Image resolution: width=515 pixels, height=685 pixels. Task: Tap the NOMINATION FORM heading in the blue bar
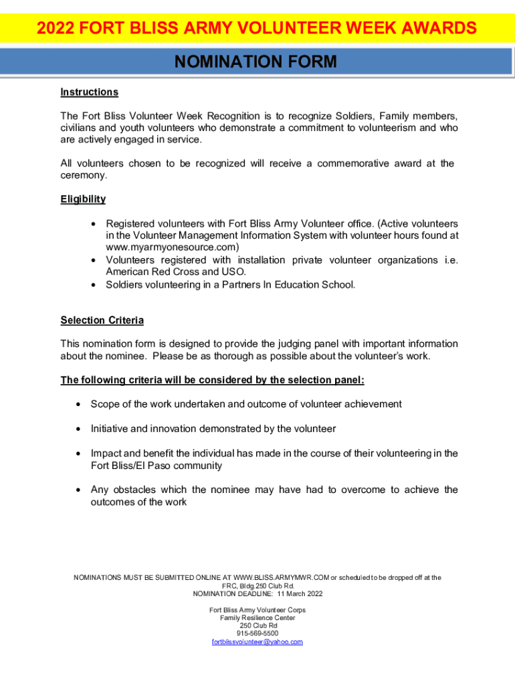point(255,62)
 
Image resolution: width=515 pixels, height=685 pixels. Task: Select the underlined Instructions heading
point(89,92)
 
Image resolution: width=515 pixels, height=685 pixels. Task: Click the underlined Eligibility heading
point(83,199)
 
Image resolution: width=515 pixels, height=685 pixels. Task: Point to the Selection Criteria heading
point(102,320)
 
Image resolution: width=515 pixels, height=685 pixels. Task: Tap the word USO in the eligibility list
point(234,272)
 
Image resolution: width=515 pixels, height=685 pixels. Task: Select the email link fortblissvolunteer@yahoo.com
point(257,642)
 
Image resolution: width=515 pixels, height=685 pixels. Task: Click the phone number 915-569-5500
point(257,633)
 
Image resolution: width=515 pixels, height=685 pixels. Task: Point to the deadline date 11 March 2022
point(300,593)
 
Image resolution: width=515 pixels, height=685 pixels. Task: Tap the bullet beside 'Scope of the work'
point(78,404)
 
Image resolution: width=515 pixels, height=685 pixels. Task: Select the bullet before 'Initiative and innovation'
point(78,429)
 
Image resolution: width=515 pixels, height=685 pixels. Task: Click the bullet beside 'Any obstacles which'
point(78,490)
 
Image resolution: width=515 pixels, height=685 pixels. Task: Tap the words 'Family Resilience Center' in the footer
point(257,617)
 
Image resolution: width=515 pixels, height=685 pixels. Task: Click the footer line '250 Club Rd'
point(257,625)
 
